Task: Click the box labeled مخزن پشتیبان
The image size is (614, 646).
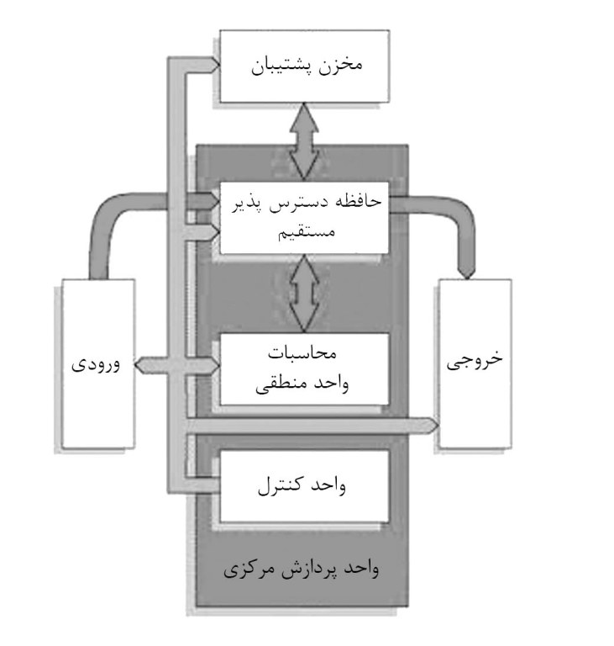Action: tap(305, 66)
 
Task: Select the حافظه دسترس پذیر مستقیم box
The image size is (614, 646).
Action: tap(305, 218)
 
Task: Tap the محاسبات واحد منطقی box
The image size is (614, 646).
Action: tap(305, 369)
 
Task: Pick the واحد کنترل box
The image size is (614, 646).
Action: tap(305, 486)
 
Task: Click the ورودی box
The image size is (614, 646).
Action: tap(98, 363)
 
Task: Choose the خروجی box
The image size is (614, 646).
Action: tap(475, 363)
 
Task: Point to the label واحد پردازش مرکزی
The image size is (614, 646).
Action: tap(302, 569)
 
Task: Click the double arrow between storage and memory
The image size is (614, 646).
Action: tap(304, 142)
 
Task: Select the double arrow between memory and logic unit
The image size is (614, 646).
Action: tap(304, 294)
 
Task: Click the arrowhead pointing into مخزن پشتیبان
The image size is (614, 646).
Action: tap(215, 65)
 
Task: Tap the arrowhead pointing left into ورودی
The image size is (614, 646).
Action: tap(141, 365)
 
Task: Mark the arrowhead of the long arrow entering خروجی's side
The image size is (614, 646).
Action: tap(433, 425)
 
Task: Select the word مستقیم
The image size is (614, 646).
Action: tap(307, 232)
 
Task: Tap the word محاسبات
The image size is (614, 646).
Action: tap(302, 353)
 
